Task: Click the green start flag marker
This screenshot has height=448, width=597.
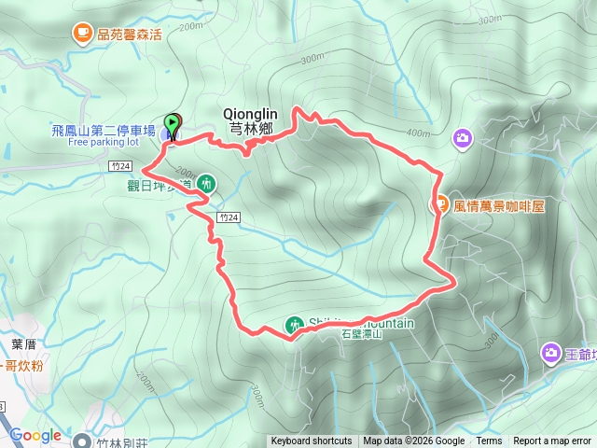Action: [x=174, y=122]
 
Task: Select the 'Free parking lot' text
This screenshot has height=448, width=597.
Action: [x=103, y=143]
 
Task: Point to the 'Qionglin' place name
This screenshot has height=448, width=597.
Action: [x=251, y=114]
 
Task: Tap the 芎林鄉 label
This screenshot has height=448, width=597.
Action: [x=251, y=130]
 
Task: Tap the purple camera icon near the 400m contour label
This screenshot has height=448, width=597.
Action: [x=462, y=139]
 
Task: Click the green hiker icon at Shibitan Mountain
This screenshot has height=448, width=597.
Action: [x=294, y=325]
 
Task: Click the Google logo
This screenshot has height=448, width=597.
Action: [x=35, y=435]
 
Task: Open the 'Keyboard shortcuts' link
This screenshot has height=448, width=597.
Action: [x=312, y=441]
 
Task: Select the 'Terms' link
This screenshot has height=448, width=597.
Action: [x=489, y=441]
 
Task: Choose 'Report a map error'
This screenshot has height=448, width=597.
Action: [x=553, y=441]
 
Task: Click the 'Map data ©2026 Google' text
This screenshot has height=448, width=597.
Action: [x=413, y=441]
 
